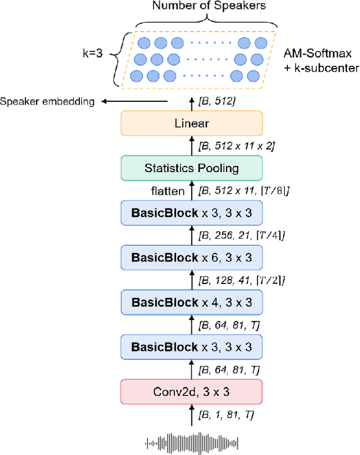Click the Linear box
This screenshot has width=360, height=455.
point(191,123)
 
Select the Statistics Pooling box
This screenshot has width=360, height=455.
point(191,168)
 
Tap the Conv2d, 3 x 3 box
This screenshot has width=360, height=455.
point(191,391)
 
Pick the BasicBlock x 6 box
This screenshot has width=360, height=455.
point(191,258)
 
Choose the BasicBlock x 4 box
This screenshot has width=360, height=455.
point(191,303)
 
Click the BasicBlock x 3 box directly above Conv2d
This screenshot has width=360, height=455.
point(191,347)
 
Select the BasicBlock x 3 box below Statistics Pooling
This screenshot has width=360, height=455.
point(191,213)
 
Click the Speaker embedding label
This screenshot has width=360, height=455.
point(47,101)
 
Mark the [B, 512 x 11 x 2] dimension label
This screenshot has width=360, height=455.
point(236,146)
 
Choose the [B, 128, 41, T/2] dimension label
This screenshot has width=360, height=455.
point(242,280)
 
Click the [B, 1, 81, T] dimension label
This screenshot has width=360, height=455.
point(225,415)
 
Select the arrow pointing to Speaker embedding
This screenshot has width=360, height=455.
point(135,101)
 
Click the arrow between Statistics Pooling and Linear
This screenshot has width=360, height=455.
point(191,146)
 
